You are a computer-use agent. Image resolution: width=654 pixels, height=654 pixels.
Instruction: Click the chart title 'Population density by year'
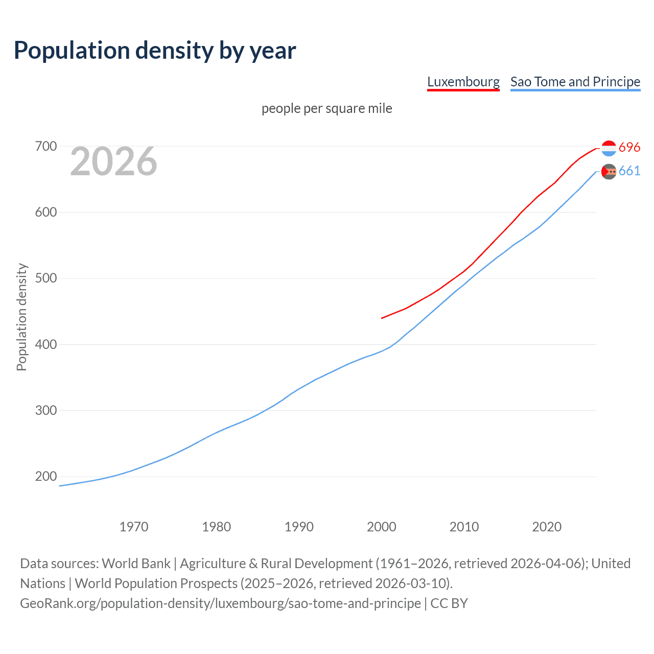coord(155,51)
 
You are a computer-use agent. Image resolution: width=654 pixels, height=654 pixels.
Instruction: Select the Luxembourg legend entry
coord(463,82)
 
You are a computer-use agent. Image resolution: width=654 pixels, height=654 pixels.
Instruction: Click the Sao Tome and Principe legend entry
coord(575,82)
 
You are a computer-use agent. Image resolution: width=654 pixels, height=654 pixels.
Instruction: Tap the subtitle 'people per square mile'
coord(326,108)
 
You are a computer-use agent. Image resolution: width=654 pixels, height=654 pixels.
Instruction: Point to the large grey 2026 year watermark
coord(113,161)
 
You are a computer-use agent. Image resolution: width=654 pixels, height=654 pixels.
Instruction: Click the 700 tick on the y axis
coord(45,147)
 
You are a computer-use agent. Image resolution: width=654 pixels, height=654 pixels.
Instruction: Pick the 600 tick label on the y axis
coord(45,213)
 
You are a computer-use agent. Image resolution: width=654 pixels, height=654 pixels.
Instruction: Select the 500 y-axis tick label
coord(45,278)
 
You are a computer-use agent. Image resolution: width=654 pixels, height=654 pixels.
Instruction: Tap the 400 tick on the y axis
coord(45,344)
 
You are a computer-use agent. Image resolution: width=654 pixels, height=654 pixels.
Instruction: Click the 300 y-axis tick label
coord(45,410)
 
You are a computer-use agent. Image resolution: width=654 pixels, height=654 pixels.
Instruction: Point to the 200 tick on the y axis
coord(45,477)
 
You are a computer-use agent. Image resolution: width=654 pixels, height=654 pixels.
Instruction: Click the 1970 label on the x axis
coord(134,527)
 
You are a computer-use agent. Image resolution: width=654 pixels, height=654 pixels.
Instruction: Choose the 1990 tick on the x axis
coord(299,527)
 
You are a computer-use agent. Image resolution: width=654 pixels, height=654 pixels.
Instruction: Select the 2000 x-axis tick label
coord(382,527)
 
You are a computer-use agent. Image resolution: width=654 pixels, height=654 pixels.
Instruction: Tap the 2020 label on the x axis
coord(547,527)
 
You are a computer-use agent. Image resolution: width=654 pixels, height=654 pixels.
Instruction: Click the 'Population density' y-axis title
coord(21,317)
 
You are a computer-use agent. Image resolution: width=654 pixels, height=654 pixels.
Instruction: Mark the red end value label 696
coord(629,148)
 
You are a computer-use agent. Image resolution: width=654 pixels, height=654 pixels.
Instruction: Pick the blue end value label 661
coord(629,171)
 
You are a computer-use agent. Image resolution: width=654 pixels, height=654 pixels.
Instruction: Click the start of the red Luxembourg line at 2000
coord(382,318)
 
